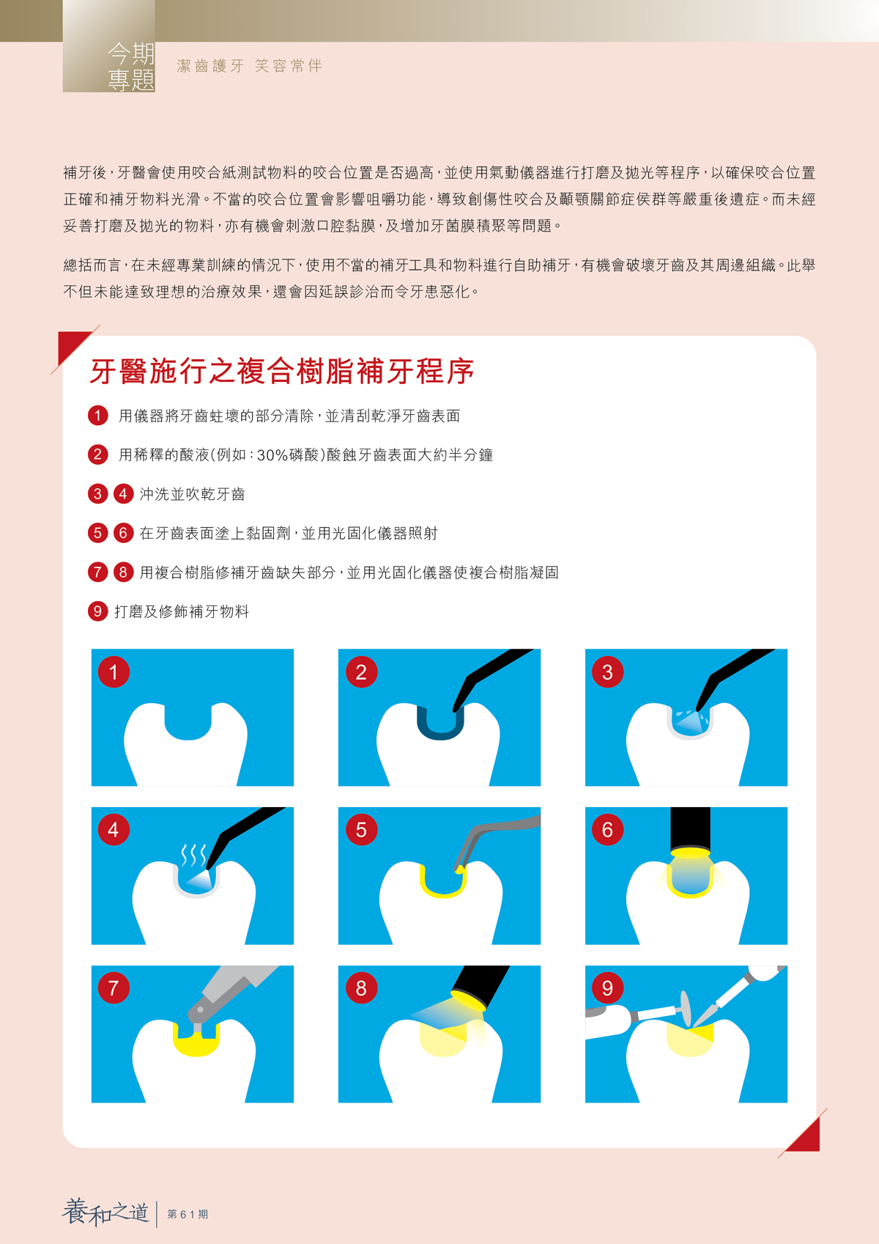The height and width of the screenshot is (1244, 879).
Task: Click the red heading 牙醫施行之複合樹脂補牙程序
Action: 282,371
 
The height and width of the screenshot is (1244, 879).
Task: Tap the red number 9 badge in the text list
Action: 97,611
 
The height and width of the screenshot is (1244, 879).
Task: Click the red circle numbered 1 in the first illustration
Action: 114,672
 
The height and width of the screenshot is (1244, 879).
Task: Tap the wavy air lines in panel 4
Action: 193,855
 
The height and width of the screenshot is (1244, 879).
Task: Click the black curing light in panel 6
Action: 690,830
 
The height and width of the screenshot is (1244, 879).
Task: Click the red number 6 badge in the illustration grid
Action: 608,830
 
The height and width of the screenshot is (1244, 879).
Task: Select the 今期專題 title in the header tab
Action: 131,67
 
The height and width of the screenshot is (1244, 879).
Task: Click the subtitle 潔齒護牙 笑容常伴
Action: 250,66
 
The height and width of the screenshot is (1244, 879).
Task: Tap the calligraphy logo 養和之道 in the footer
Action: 105,1212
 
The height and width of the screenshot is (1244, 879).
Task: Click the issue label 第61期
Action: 188,1215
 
